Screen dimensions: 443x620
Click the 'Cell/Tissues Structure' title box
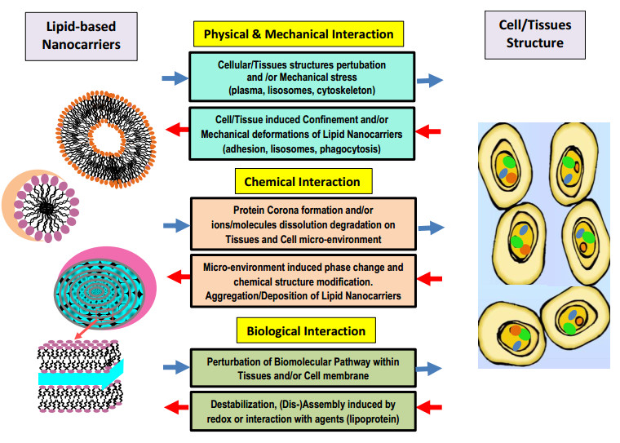click(535, 34)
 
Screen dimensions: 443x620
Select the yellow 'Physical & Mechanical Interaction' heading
click(299, 34)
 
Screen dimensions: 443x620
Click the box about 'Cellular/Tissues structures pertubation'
click(302, 78)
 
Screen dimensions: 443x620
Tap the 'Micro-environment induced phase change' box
click(302, 281)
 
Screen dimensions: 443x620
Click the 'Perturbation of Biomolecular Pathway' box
click(302, 369)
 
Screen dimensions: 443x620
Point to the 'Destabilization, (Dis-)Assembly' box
click(302, 411)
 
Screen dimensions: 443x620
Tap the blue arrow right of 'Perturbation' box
click(429, 370)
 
